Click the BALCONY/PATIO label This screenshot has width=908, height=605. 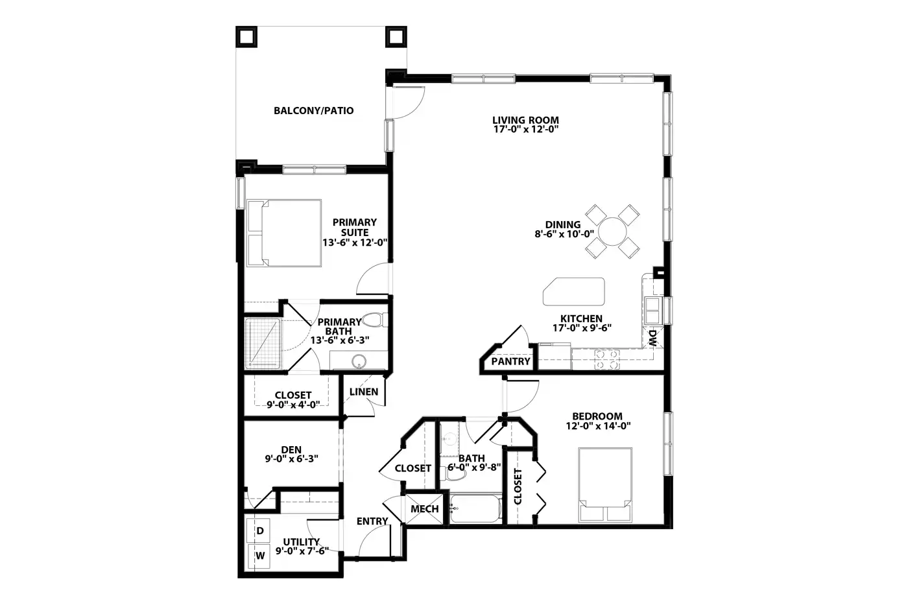pyautogui.click(x=313, y=111)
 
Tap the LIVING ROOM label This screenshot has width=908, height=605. pyautogui.click(x=525, y=120)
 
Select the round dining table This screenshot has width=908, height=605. pyautogui.click(x=612, y=231)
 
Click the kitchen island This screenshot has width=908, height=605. pyautogui.click(x=573, y=291)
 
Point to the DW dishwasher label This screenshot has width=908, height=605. pyautogui.click(x=652, y=338)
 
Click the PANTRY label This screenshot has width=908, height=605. pyautogui.click(x=511, y=361)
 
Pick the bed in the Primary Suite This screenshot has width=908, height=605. pyautogui.click(x=284, y=233)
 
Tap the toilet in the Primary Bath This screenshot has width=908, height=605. pyautogui.click(x=375, y=320)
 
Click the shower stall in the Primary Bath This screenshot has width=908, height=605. pyautogui.click(x=263, y=344)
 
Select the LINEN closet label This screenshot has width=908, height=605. pyautogui.click(x=364, y=392)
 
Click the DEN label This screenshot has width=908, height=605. pyautogui.click(x=291, y=449)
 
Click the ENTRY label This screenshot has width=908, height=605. pyautogui.click(x=372, y=521)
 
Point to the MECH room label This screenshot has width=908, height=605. pyautogui.click(x=424, y=509)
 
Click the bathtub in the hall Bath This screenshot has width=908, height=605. pyautogui.click(x=476, y=508)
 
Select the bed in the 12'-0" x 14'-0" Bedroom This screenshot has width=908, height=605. pyautogui.click(x=604, y=484)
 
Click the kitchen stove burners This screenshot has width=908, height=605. pyautogui.click(x=607, y=359)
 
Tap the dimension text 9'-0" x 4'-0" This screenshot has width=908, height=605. pyautogui.click(x=293, y=405)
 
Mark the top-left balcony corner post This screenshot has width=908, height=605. pyautogui.click(x=246, y=37)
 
